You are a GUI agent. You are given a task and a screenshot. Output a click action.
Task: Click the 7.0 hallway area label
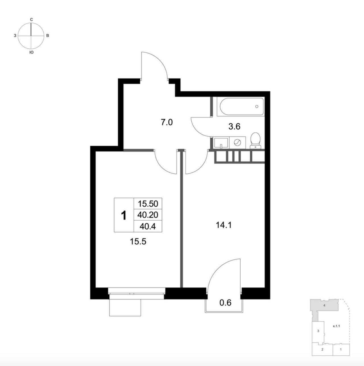click(167, 123)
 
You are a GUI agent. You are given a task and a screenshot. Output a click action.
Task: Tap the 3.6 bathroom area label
click(234, 127)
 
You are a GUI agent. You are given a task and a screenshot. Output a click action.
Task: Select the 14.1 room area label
click(224, 226)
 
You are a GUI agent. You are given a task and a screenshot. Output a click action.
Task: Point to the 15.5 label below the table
click(138, 242)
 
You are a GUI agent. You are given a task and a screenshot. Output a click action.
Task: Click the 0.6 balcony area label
click(225, 303)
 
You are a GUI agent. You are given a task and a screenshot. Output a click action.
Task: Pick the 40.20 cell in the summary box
click(148, 215)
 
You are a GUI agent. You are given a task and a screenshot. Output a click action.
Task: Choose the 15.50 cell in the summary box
click(148, 204)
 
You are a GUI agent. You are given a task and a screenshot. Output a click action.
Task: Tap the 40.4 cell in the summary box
click(148, 226)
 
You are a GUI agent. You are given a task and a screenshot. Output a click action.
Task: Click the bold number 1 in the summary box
click(124, 216)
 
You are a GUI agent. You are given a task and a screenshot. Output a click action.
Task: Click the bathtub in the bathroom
click(242, 106)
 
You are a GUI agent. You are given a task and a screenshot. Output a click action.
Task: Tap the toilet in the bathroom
click(255, 140)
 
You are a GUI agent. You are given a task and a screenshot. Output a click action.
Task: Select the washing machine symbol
click(237, 142)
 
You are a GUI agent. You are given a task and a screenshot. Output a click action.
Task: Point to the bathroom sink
click(221, 143)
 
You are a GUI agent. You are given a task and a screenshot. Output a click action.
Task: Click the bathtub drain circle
click(257, 107)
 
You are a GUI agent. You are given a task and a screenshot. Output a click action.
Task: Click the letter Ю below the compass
click(32, 53)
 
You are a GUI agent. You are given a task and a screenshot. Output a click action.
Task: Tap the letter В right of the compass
click(48, 36)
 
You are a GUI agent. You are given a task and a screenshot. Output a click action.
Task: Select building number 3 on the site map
click(318, 331)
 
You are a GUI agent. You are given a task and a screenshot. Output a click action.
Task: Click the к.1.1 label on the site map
click(336, 326)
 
